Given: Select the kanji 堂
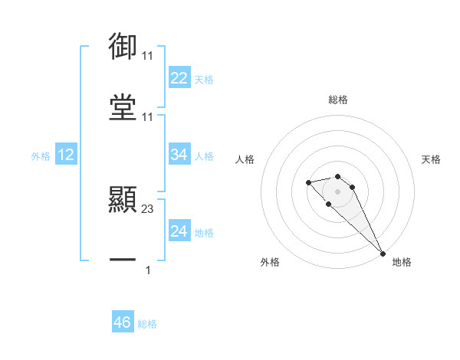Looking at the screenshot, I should tap(123, 106).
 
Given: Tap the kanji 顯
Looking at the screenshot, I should tap(123, 200).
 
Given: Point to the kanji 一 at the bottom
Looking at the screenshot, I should tap(123, 260).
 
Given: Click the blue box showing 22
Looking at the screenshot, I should tap(179, 78).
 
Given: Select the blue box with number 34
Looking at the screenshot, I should tap(179, 155).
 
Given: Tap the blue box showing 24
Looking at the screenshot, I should tap(179, 231).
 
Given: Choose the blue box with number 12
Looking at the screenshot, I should tap(66, 155).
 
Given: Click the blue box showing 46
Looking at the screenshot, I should tap(123, 322).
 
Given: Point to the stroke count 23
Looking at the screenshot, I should tap(148, 208).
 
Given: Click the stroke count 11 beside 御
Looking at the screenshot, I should tap(148, 56).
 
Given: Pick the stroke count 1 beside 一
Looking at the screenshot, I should tap(148, 269).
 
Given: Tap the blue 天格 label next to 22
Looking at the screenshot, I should tap(204, 79).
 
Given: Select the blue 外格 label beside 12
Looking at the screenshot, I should tap(41, 155).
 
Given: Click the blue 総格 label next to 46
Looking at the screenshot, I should tap(147, 323).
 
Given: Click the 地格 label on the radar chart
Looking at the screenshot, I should tap(402, 262).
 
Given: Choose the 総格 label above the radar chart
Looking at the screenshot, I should tap(338, 100).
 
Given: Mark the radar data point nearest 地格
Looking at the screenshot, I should tap(383, 253).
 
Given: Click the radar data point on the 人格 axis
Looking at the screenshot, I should tap(308, 182).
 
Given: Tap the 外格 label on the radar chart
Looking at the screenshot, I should tap(270, 262).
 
